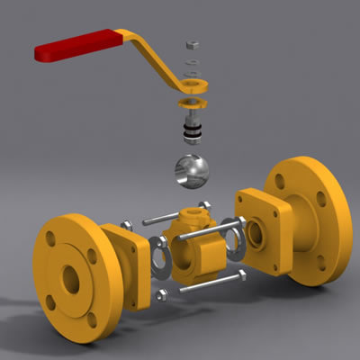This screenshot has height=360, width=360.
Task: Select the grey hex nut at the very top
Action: [193, 43]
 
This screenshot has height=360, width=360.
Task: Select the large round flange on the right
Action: [310, 220]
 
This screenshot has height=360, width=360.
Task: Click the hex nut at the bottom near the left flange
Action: [162, 294]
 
